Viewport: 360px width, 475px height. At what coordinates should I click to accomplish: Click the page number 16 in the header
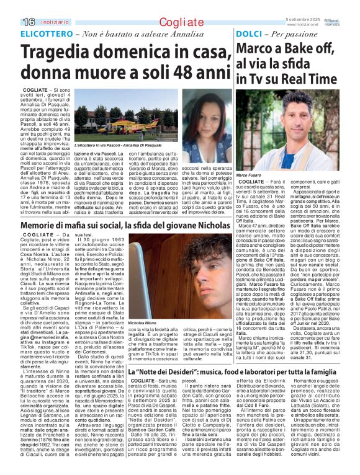pyautogui.click(x=11, y=22)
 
